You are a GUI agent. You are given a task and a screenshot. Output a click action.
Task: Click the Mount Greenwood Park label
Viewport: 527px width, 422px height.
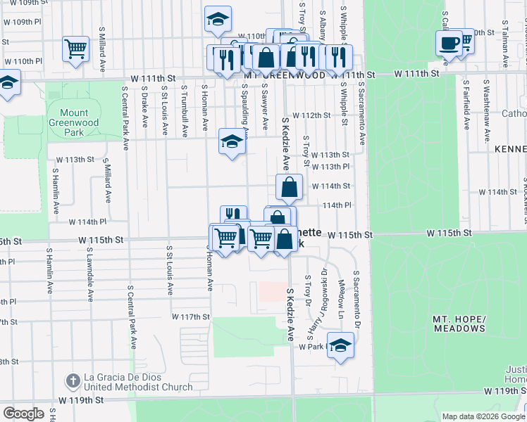[74, 122]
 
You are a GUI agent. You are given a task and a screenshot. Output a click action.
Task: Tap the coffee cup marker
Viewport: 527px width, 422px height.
[448, 44]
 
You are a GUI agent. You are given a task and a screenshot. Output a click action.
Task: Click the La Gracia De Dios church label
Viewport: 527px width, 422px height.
[138, 382]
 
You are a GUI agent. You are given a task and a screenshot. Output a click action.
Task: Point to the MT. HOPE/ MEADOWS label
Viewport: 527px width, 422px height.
[459, 324]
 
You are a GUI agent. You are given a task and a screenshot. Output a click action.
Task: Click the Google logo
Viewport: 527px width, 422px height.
[23, 414]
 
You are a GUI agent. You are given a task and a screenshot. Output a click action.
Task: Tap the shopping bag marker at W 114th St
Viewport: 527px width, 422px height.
[289, 187]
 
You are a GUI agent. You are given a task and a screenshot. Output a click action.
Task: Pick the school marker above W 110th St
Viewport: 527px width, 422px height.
[218, 19]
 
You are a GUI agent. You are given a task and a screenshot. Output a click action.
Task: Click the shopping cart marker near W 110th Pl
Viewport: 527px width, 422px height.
[75, 49]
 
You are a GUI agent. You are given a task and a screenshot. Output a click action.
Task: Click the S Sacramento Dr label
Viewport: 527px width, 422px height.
[356, 300]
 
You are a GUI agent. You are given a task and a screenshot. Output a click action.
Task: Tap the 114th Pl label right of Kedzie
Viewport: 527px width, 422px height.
[336, 205]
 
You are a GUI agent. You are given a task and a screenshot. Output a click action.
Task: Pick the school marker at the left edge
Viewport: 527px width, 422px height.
[7, 83]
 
